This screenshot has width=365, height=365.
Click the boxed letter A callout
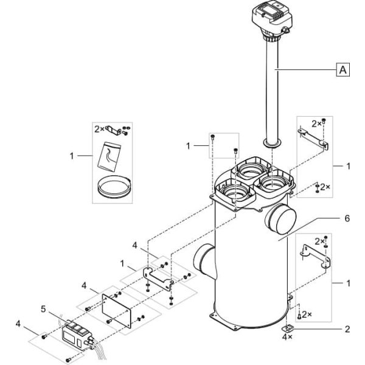point(343,69)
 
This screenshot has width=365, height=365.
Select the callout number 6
point(347,218)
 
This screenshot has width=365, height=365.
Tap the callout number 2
point(347,329)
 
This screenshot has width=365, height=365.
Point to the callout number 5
point(44,310)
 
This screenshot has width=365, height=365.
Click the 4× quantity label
point(287,337)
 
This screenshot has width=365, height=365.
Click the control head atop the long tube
point(271,21)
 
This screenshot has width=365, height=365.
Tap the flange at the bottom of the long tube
point(273,144)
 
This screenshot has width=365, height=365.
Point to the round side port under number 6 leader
point(280,219)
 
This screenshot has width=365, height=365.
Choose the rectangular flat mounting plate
point(117,310)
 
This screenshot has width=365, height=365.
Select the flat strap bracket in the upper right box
point(313,137)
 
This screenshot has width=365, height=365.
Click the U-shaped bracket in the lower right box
point(316,256)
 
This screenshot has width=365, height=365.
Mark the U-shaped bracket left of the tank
point(158,278)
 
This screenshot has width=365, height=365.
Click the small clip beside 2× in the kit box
point(113,130)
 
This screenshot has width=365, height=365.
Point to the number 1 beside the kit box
point(72,156)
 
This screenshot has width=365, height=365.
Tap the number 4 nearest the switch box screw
point(18,324)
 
